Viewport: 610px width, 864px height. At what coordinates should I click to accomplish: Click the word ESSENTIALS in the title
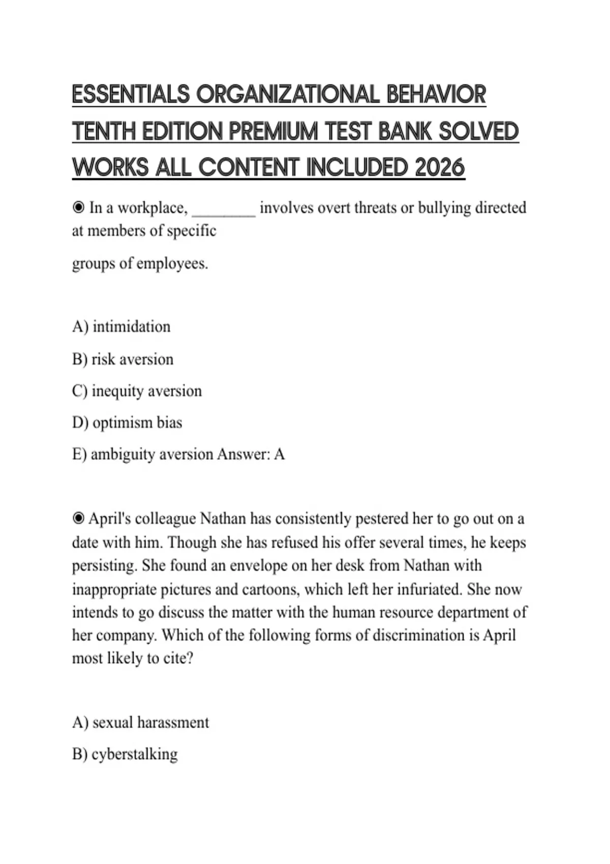[131, 95]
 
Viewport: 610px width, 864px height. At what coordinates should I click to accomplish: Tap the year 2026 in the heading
[440, 167]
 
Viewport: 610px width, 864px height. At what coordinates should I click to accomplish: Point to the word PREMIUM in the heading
[273, 131]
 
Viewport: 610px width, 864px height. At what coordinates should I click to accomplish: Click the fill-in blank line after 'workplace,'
[224, 209]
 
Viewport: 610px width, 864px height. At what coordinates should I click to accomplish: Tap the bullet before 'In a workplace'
[78, 208]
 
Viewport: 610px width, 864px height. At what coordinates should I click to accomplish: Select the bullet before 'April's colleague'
[78, 518]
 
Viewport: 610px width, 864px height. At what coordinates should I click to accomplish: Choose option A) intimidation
[121, 326]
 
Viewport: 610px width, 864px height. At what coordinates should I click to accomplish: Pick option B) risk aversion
[123, 359]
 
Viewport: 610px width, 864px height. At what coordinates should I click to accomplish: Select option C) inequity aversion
[137, 391]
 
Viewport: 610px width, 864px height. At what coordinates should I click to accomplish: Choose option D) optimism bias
[127, 422]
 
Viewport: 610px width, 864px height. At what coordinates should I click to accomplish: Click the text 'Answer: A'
[251, 454]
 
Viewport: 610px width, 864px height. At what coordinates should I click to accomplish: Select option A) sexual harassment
[141, 722]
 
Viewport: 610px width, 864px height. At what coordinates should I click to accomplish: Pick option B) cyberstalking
[125, 754]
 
